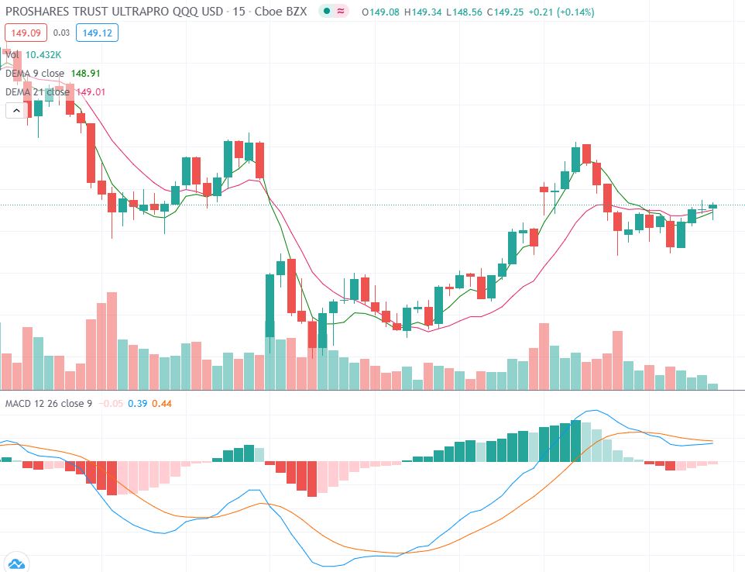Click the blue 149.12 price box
coord(97,33)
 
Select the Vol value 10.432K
coord(43,54)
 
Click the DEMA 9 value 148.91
coord(85,73)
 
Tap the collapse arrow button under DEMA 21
coord(15,110)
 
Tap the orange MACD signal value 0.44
coord(162,404)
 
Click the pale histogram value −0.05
coord(113,404)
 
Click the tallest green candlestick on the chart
coord(270,305)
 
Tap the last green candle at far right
coord(713,205)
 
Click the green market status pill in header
coord(335,12)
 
